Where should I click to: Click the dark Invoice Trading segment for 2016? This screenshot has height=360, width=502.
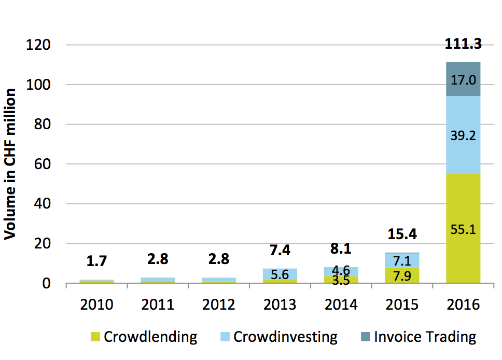click(463, 79)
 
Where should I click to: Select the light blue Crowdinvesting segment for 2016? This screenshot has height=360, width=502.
click(463, 135)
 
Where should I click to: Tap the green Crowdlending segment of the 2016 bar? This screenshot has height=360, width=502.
click(463, 228)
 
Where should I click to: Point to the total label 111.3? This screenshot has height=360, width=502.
click(463, 44)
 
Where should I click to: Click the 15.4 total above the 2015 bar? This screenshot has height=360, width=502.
click(402, 234)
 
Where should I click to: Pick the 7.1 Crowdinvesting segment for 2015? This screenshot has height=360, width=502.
click(402, 260)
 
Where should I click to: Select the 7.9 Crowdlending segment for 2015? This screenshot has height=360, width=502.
click(402, 275)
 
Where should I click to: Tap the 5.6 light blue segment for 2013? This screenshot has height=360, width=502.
click(280, 274)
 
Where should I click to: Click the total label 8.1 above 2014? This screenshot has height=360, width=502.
click(341, 248)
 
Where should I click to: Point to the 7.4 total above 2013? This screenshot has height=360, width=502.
click(280, 250)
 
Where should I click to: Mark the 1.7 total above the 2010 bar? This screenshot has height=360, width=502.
click(96, 261)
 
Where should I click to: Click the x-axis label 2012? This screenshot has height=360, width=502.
click(219, 304)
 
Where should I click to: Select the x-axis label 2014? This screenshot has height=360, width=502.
click(341, 304)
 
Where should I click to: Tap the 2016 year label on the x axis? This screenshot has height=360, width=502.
click(463, 304)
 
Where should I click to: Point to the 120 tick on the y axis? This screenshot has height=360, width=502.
click(38, 45)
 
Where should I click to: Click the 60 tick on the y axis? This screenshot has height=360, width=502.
click(42, 164)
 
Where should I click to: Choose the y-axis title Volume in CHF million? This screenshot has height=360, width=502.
click(10, 164)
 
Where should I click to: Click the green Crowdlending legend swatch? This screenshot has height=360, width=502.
click(95, 337)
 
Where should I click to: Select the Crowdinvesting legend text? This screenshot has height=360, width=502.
click(285, 337)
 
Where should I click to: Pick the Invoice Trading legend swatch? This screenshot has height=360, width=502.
click(365, 337)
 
